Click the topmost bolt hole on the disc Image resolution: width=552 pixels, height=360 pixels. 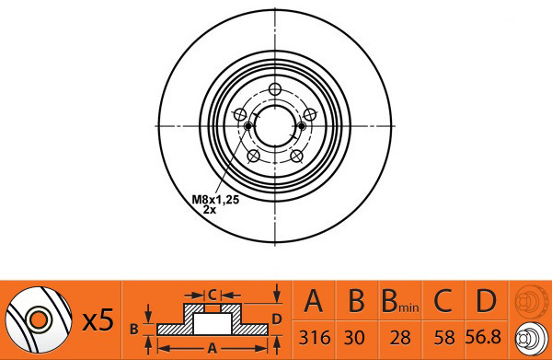(275, 90)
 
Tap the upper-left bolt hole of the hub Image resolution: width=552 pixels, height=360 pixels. (241, 115)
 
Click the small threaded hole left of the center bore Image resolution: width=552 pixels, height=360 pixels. (247, 126)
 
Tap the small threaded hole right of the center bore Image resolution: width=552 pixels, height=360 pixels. (303, 126)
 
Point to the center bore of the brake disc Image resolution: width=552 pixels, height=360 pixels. (275, 126)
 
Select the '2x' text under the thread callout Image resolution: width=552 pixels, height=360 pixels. (210, 210)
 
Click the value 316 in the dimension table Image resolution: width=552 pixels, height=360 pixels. (314, 337)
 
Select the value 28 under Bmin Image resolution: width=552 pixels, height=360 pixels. (401, 337)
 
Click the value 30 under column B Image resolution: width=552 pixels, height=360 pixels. (357, 337)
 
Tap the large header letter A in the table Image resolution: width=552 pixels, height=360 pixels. (314, 301)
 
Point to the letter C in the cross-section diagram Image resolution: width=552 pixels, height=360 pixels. (212, 295)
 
